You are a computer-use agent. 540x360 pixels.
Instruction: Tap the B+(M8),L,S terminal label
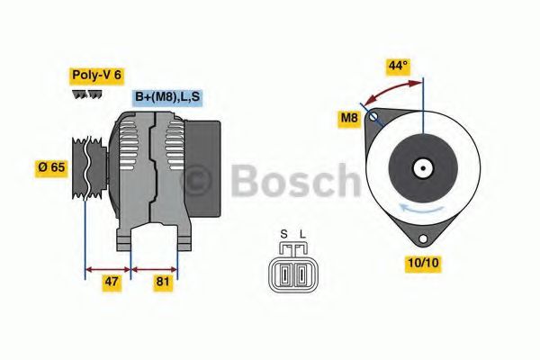click(x=168, y=97)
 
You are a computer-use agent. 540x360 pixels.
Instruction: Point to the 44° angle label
click(x=397, y=67)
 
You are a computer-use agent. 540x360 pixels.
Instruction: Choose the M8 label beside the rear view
click(x=348, y=118)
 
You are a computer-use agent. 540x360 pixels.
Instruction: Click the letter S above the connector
click(x=283, y=236)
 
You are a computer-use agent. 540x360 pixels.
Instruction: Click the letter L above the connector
click(x=302, y=236)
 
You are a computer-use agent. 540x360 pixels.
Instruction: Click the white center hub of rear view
click(x=421, y=167)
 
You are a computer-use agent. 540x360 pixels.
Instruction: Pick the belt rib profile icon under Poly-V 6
click(x=85, y=94)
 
